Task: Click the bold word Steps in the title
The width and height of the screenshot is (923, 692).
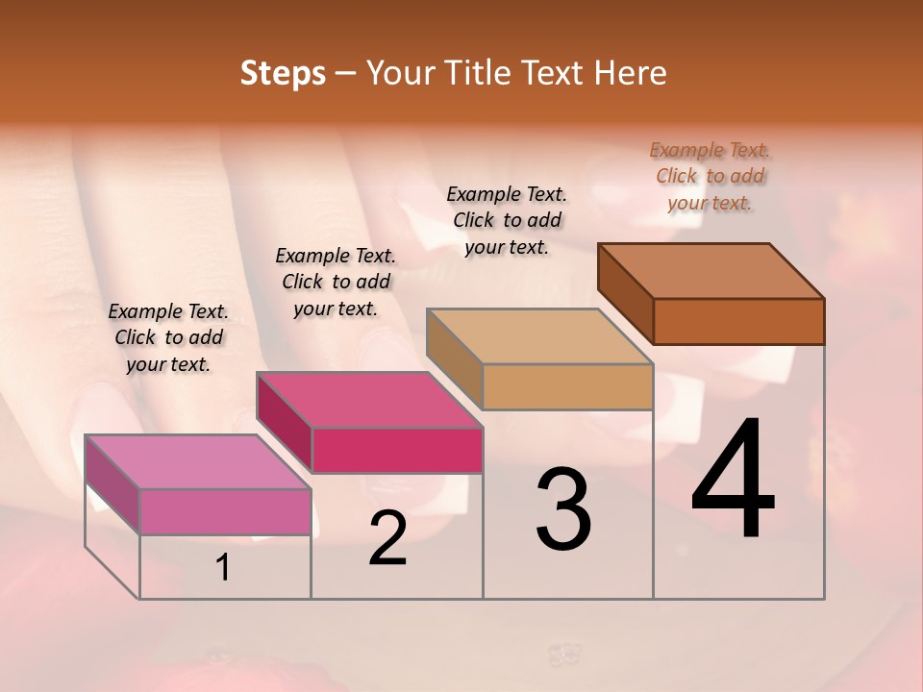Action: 283,73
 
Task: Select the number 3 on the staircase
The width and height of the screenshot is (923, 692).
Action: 563,509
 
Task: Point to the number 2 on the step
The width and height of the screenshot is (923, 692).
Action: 387,538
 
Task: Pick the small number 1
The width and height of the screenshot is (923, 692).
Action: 223,568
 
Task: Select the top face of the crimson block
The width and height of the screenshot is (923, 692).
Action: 369,399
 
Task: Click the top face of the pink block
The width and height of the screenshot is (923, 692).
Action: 197,461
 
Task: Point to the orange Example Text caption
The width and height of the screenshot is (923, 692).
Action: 711,176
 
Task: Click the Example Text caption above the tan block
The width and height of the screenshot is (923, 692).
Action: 507,220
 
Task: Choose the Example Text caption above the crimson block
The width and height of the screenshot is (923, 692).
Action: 336,282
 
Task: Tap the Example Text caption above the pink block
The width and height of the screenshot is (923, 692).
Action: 168,337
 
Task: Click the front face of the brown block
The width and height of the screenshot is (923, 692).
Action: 738,321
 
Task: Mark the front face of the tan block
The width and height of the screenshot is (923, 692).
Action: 567,386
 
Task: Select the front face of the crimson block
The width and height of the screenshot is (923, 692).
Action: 397,450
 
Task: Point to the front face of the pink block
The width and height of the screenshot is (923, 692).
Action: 225,511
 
